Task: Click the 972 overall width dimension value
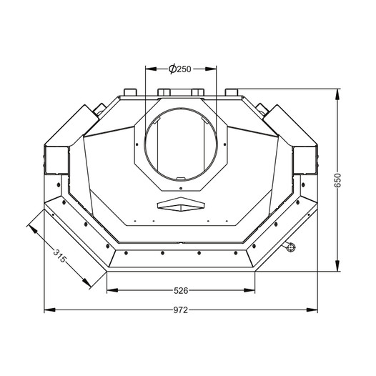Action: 181,310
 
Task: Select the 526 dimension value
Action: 181,291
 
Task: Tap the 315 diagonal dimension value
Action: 59,256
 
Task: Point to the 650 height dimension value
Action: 337,180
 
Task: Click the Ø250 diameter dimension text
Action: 180,69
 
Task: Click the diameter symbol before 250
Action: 172,69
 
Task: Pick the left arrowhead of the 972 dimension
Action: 49,310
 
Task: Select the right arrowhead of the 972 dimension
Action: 312,310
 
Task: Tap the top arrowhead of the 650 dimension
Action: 337,94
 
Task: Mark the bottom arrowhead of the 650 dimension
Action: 337,266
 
